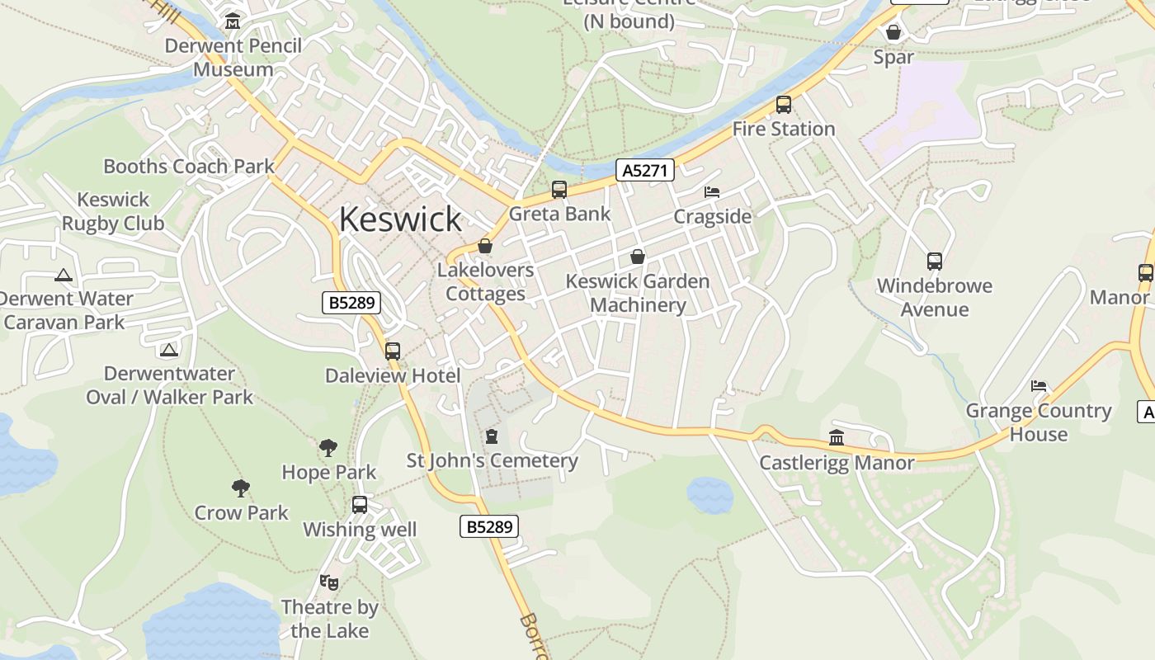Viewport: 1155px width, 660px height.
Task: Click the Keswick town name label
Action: coord(400,219)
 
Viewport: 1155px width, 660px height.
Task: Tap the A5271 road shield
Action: coord(645,171)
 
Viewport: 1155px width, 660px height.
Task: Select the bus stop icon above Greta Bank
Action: coord(559,190)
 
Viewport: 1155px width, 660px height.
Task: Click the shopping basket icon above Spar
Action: coord(893,33)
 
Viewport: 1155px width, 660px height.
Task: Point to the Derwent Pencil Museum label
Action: coord(233,57)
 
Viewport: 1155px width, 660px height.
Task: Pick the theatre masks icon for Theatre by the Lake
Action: coord(329,582)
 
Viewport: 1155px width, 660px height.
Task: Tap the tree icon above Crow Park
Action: coord(241,488)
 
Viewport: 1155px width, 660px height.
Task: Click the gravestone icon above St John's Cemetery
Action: coord(493,436)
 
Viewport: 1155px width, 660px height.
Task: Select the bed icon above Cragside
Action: coord(712,192)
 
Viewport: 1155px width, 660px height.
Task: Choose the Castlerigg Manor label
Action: coord(837,462)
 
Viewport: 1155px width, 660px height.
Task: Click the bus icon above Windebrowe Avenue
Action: coord(935,262)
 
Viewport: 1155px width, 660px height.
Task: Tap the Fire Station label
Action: coord(784,129)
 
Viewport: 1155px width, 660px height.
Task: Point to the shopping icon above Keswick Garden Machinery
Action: coord(638,257)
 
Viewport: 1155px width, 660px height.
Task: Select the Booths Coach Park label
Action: coord(189,166)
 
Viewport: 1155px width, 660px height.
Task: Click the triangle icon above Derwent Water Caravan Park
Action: coord(64,275)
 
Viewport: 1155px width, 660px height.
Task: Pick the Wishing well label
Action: coord(360,530)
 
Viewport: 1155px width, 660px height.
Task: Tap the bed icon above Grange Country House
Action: coord(1039,386)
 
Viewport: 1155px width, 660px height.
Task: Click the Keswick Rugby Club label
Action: coord(113,211)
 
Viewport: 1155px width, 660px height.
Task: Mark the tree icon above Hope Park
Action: coord(328,448)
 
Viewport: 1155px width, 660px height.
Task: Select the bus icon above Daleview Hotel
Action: coord(393,351)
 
